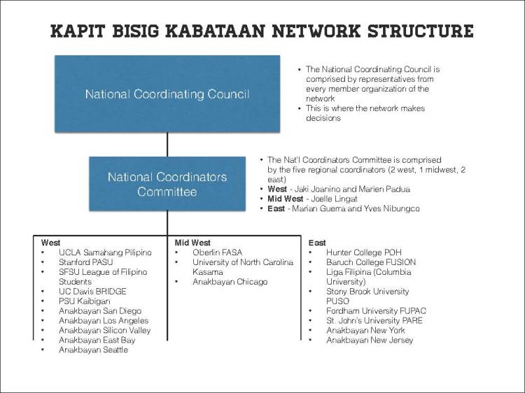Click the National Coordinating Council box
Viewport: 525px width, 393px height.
pos(167,94)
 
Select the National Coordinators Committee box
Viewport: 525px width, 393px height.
pos(167,185)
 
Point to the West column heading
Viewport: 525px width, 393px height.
pos(51,243)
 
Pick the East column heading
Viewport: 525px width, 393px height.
pos(317,243)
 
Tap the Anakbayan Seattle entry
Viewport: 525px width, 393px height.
pos(93,350)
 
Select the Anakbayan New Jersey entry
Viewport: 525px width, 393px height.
pos(370,340)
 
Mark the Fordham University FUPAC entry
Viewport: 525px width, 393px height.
pos(376,310)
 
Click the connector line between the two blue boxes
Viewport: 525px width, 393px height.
pos(167,144)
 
